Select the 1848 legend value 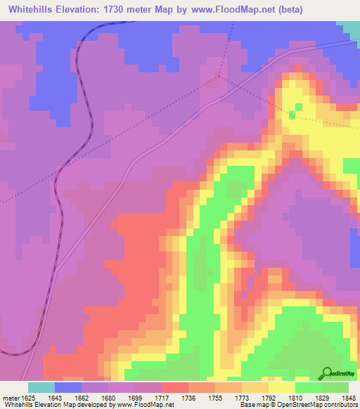347,397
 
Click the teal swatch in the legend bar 41,387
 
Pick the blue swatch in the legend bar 68,387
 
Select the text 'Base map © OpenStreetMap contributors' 297,405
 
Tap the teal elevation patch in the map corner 349,27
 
